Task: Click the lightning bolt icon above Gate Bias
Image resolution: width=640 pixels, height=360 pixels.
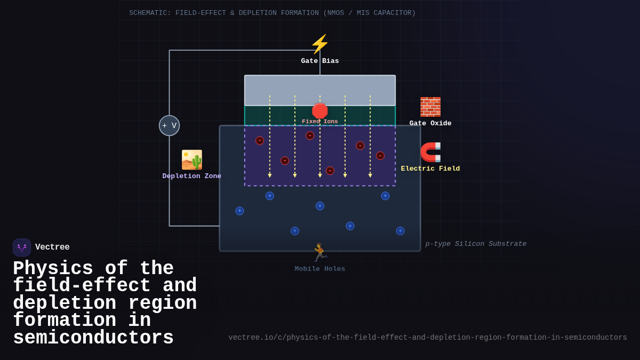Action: tap(319, 44)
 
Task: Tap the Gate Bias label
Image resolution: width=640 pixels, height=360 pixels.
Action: tap(319, 61)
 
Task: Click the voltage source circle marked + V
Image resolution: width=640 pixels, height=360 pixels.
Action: tap(169, 125)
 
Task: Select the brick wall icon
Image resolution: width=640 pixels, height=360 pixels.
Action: tap(430, 107)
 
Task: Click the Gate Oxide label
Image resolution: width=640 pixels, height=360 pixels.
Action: tap(430, 123)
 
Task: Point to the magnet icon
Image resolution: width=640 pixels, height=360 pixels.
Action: tap(430, 152)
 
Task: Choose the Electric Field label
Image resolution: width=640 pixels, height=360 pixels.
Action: tap(430, 169)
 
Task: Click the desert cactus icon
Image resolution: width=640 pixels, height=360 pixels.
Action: tap(192, 159)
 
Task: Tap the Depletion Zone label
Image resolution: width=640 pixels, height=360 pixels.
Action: tap(192, 176)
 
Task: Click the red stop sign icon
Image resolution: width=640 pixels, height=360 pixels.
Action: tap(320, 111)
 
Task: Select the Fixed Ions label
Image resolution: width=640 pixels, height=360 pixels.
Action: tap(320, 122)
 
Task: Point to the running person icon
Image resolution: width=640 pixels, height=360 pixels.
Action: tap(319, 253)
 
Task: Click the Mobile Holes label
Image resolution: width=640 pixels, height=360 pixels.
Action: tap(319, 269)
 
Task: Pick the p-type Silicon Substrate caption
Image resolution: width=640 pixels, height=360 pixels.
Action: tap(476, 244)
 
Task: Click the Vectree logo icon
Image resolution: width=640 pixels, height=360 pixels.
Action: tap(22, 247)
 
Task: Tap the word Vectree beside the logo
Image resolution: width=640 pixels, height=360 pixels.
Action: tap(52, 247)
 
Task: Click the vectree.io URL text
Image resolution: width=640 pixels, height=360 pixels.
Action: tap(428, 338)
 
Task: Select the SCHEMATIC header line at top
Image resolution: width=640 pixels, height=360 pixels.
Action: tap(272, 13)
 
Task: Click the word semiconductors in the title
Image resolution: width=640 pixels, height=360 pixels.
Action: tap(93, 338)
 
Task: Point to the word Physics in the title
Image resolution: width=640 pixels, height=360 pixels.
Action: tap(53, 268)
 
